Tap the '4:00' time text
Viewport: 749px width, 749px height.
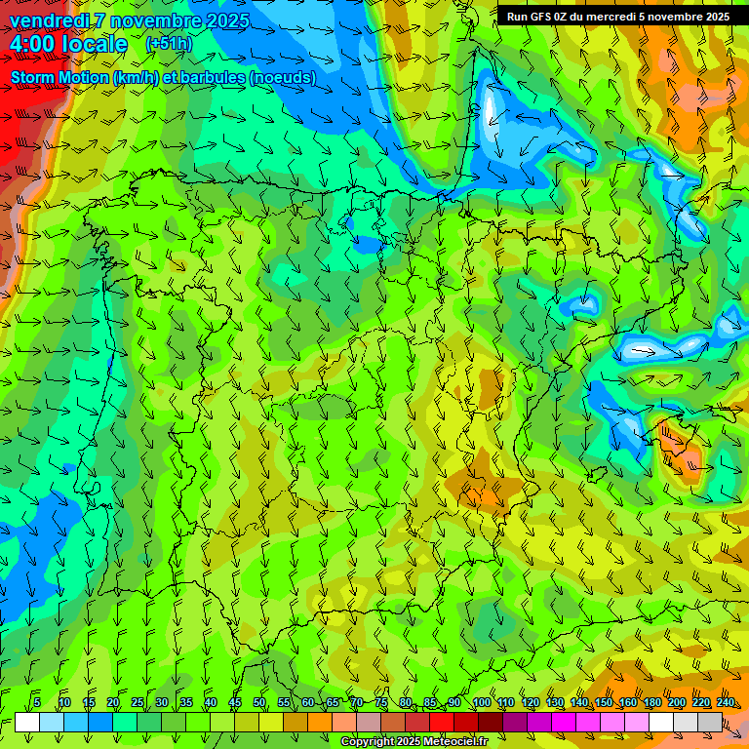tap(33, 44)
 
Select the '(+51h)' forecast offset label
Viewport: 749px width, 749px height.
tap(168, 44)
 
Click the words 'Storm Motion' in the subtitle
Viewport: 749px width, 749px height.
tap(60, 77)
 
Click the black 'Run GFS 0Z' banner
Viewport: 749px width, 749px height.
tap(617, 17)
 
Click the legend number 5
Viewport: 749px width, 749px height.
tap(37, 703)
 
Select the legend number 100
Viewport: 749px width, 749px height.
tap(482, 703)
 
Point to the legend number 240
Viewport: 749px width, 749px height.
tap(726, 703)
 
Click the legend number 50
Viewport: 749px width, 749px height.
tap(259, 703)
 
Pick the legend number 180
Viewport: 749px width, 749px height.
tap(652, 703)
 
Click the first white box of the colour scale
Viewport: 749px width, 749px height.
tap(27, 723)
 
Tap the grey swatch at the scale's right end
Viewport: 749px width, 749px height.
tap(710, 723)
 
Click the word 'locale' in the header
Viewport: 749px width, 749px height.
tap(96, 44)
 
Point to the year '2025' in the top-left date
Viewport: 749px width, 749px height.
tap(226, 20)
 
